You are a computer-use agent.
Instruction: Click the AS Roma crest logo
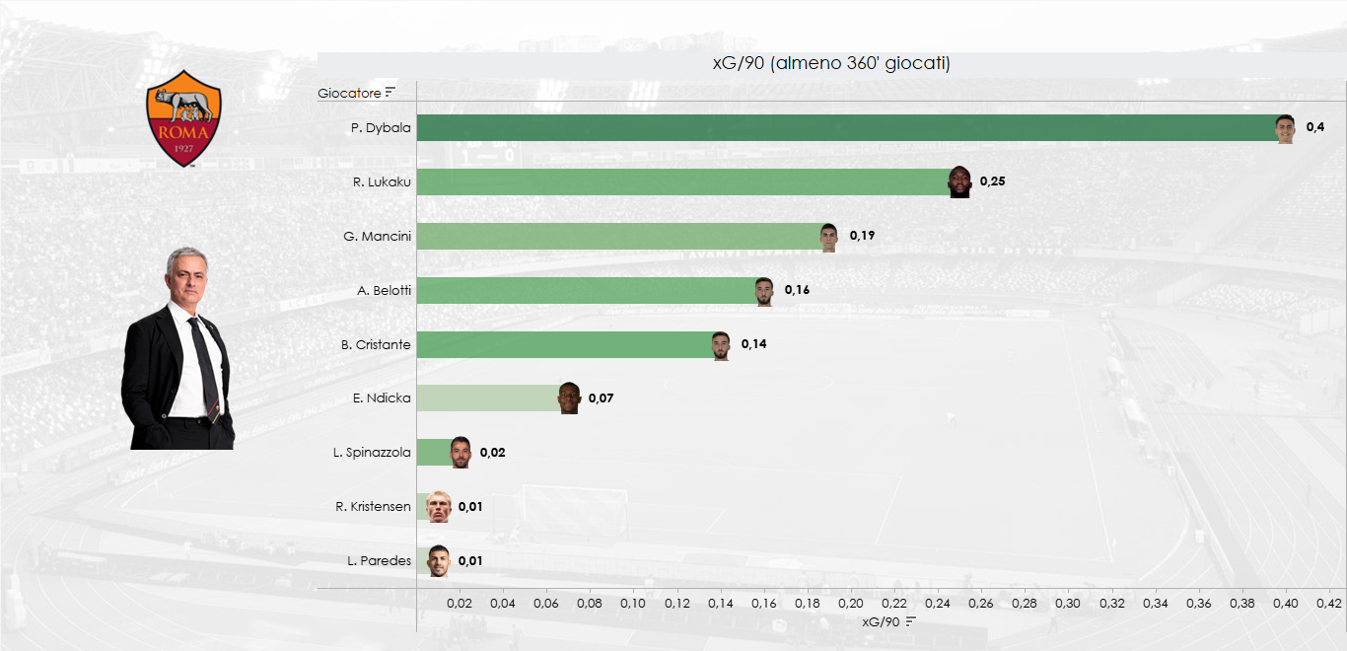coord(183,117)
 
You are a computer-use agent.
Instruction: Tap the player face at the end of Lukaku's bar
coord(959,182)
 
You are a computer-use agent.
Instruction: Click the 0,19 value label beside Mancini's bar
coord(862,236)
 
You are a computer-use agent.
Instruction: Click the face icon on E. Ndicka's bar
coord(569,398)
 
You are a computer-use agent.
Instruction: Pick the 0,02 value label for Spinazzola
coord(492,453)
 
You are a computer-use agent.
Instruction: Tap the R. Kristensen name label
coord(373,507)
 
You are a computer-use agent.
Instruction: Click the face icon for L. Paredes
coord(438,561)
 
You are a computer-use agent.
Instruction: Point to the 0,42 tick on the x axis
coord(1329,603)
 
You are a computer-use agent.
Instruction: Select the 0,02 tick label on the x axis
coord(459,603)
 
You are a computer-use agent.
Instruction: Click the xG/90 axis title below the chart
coord(881,622)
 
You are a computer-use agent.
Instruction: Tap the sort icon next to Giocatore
coord(390,93)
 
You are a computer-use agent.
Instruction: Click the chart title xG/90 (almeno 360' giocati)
coord(830,64)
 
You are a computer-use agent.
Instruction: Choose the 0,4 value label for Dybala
coord(1314,127)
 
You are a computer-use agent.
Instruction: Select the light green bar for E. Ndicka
coord(487,398)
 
